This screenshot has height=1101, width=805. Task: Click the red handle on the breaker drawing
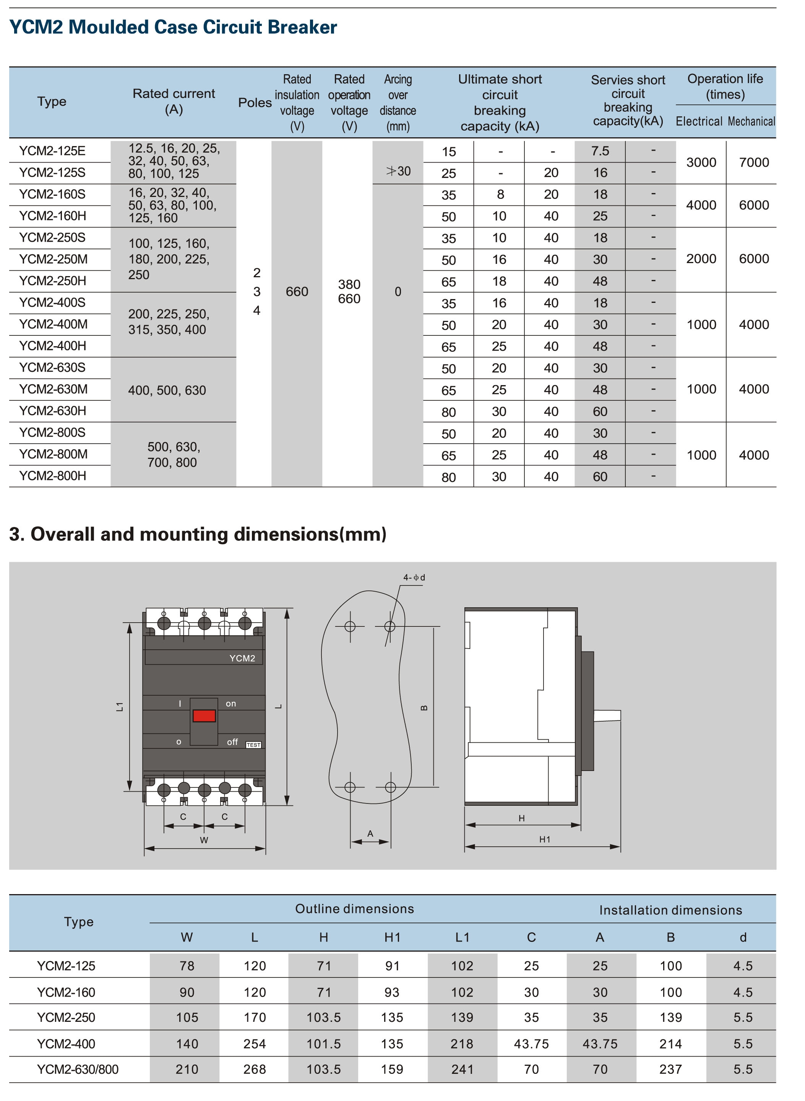click(204, 716)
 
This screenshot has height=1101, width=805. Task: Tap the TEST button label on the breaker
click(253, 745)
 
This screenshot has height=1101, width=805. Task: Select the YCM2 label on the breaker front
click(242, 658)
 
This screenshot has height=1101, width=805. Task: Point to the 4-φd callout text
click(414, 577)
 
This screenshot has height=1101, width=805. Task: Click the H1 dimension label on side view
click(544, 839)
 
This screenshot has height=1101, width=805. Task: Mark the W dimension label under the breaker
click(204, 840)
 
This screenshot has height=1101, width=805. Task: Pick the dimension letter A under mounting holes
click(370, 833)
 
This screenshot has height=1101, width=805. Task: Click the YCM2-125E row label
click(52, 151)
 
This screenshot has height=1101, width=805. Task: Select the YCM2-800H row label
click(53, 476)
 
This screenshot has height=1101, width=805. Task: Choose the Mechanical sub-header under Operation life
click(751, 121)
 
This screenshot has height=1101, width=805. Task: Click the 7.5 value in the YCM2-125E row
click(600, 151)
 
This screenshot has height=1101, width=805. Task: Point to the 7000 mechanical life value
click(754, 162)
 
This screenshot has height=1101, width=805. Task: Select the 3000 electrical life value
click(701, 162)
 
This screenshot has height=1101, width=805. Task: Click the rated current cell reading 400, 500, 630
click(167, 390)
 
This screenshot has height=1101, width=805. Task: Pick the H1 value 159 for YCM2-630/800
click(392, 1069)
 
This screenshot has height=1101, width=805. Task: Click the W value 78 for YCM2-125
click(187, 966)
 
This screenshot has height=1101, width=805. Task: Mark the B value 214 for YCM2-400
click(670, 1044)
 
